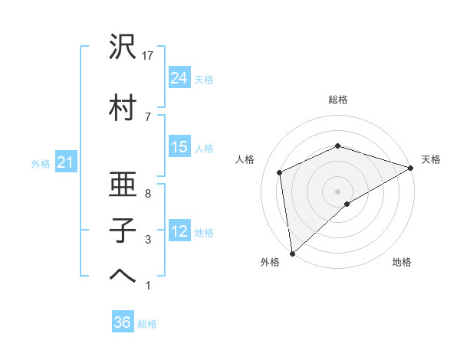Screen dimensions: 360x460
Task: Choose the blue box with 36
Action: click(x=123, y=322)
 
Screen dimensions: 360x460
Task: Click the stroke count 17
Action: click(x=149, y=56)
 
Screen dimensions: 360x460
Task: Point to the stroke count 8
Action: click(x=148, y=195)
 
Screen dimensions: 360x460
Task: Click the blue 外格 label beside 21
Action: click(x=41, y=163)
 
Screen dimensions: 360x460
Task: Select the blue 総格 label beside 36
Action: click(x=147, y=324)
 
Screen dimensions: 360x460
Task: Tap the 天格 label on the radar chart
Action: click(x=431, y=159)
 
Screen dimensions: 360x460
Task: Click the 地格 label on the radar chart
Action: click(x=402, y=262)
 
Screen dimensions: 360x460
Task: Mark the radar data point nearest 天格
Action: click(x=411, y=169)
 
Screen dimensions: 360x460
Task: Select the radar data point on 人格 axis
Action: click(x=280, y=172)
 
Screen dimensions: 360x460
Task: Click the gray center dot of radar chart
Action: click(x=337, y=191)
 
